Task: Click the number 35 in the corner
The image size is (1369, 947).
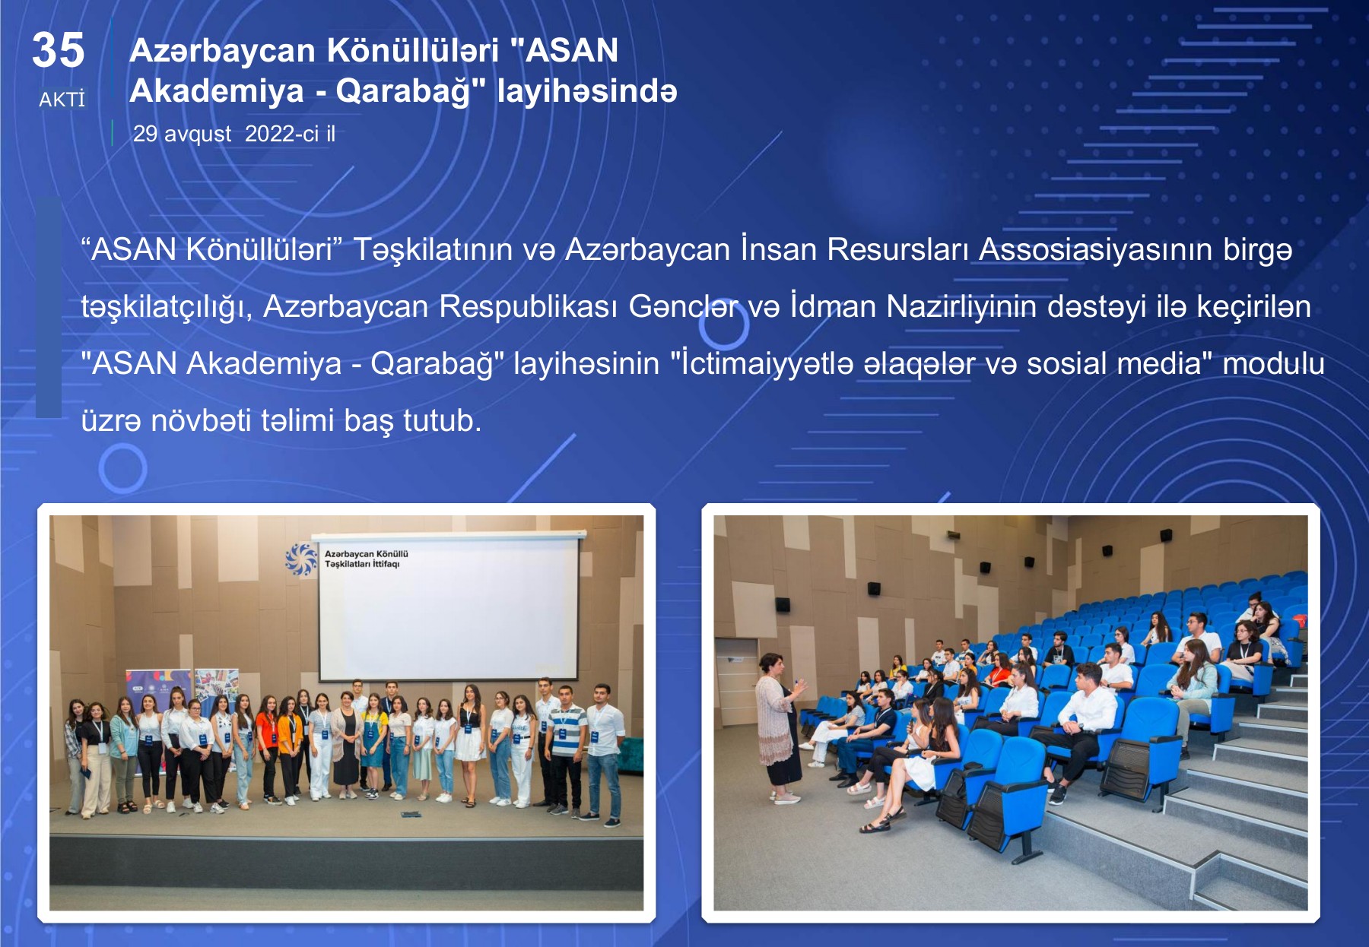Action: point(58,50)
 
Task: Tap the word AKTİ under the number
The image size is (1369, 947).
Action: point(62,100)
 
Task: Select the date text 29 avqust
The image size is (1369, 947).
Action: point(182,134)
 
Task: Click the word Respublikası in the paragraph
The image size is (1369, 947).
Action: point(529,306)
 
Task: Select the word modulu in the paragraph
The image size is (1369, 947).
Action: point(1273,363)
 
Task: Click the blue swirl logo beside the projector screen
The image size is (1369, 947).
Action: point(301,559)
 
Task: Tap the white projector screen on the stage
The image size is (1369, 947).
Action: point(449,608)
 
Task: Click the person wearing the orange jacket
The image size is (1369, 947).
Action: point(290,749)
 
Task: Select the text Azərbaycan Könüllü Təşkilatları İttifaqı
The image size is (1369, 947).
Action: point(367,559)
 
